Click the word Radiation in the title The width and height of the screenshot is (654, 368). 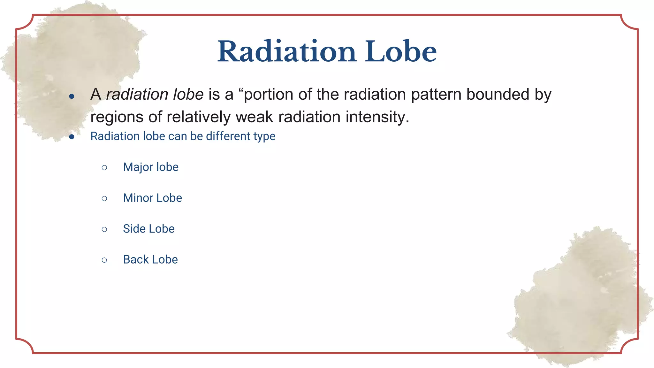tap(286, 52)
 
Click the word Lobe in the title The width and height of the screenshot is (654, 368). tap(401, 52)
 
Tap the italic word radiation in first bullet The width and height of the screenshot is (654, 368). tap(137, 95)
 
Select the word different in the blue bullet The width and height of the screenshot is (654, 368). tap(228, 136)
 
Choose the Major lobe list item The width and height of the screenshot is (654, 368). tap(151, 167)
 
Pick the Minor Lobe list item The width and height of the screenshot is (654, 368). tap(152, 198)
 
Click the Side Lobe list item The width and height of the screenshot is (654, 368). tap(148, 229)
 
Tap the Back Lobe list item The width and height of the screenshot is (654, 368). tap(150, 260)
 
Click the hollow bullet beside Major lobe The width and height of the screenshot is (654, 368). tap(104, 168)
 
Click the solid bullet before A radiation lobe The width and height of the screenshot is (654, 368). tap(72, 96)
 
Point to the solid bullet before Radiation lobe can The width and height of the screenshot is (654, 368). tap(72, 137)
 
